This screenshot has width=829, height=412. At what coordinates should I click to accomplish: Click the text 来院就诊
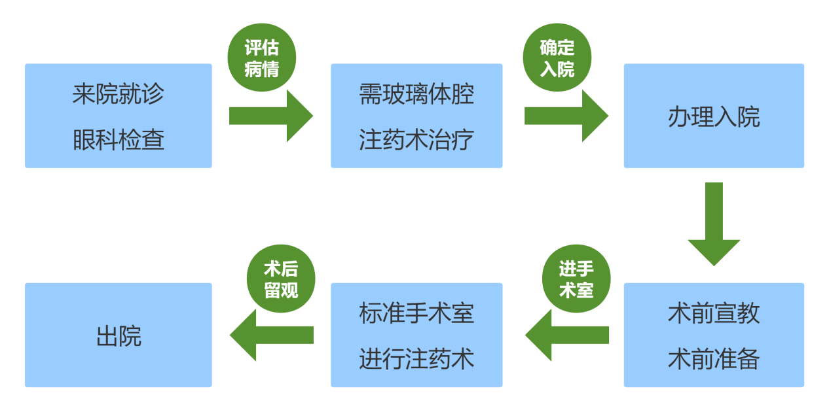118,95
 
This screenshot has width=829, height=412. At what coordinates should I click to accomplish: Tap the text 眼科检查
118,140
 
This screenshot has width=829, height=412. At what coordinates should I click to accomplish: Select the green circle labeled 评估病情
262,58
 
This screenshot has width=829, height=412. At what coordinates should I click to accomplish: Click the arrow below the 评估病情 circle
271,116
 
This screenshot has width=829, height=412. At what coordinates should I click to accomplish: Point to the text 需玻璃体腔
416,95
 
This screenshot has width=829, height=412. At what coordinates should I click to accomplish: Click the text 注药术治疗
416,140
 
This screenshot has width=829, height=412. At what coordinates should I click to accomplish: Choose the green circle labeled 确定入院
557,58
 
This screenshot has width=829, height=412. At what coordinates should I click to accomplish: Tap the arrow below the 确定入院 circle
566,116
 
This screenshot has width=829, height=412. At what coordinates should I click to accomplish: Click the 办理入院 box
714,116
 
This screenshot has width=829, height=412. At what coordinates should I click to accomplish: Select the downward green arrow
714,222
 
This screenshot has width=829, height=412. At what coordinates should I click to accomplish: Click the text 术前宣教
714,313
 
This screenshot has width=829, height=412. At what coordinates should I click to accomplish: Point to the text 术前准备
714,359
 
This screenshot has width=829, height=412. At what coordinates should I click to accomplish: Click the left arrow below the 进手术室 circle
566,335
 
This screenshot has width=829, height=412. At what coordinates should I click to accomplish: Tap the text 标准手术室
416,313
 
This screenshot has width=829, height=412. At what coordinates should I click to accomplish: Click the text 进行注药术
416,359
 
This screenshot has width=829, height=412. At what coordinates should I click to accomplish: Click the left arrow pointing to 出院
271,335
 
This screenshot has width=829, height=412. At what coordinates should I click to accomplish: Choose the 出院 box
119,335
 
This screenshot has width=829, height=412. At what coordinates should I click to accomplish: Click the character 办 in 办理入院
679,117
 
